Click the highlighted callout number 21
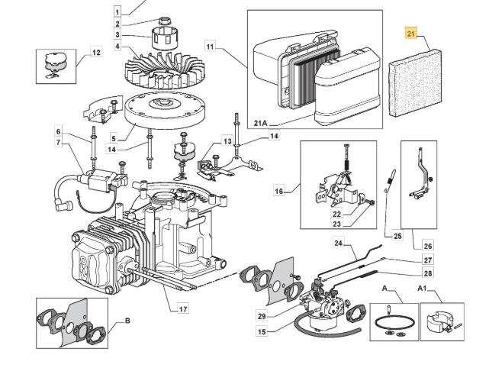pyautogui.click(x=411, y=34)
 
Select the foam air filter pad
pyautogui.click(x=415, y=82)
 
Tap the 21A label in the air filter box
pyautogui.click(x=261, y=123)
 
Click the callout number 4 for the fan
pyautogui.click(x=117, y=47)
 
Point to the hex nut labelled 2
pyautogui.click(x=164, y=21)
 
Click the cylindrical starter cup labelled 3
pyautogui.click(x=165, y=38)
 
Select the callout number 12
pyautogui.click(x=96, y=52)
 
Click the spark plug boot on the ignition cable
pyautogui.click(x=65, y=205)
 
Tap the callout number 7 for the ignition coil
pyautogui.click(x=58, y=143)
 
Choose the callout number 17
pyautogui.click(x=183, y=309)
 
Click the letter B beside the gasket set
pyautogui.click(x=127, y=321)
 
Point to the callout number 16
pyautogui.click(x=279, y=190)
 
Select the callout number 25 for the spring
pyautogui.click(x=397, y=236)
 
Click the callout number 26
pyautogui.click(x=428, y=246)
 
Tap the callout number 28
pyautogui.click(x=428, y=273)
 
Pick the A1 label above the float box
pyautogui.click(x=422, y=289)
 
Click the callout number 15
pyautogui.click(x=262, y=331)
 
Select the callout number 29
pyautogui.click(x=262, y=315)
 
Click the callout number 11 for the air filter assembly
pyautogui.click(x=211, y=47)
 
